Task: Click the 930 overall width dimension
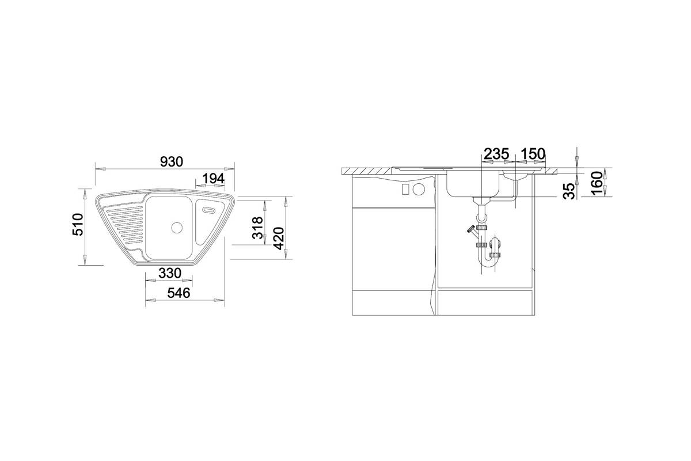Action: tap(172, 161)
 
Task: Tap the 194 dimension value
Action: tap(213, 179)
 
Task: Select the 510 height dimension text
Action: tap(78, 225)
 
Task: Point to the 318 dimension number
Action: tap(257, 228)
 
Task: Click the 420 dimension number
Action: tap(279, 239)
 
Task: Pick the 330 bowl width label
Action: tap(170, 273)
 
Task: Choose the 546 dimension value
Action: tap(179, 293)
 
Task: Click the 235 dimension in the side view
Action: tap(496, 154)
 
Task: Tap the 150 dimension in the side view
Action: tap(533, 154)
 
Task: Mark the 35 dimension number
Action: tap(569, 191)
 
